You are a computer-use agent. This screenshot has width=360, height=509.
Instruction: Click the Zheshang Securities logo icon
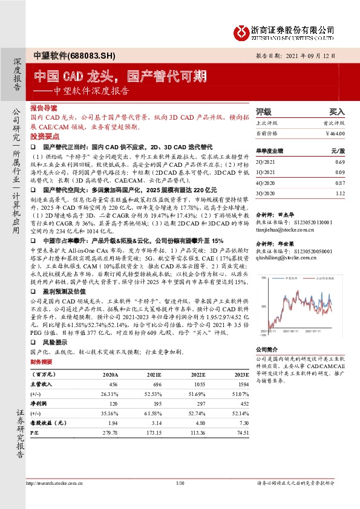point(241,31)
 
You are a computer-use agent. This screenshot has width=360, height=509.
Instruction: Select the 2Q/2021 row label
point(264,163)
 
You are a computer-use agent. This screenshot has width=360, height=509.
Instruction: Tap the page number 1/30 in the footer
point(179,483)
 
